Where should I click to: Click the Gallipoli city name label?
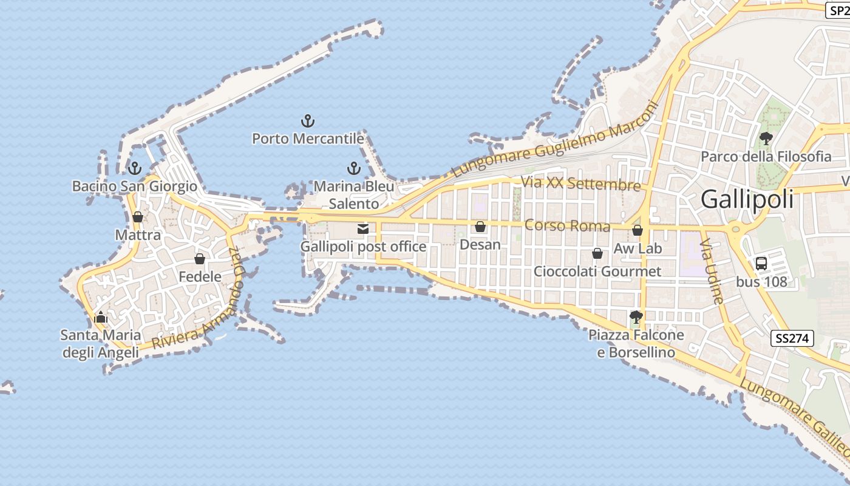coord(747,199)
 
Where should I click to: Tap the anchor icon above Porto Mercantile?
coord(308,121)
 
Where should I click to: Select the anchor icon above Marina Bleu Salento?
coord(354,168)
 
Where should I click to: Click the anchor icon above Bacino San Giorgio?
coord(135,168)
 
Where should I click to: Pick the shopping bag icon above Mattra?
coord(138,217)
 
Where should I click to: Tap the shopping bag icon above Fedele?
coord(200,259)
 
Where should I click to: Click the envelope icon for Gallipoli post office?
coord(363,229)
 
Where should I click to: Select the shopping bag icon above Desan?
coord(480,227)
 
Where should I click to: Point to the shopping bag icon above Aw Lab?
coord(637,230)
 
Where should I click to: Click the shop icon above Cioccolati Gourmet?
coord(597,253)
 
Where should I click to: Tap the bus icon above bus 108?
coord(761,264)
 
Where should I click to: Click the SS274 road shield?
coord(792,338)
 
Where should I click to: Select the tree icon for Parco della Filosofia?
coord(766,139)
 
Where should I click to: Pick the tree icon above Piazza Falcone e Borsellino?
coord(636,317)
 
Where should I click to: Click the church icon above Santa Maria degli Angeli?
coord(101,317)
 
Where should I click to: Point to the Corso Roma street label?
coord(567,225)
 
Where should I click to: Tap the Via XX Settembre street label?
coord(581,183)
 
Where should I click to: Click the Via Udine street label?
coord(712,271)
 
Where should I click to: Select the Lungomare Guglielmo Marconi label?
coord(556,140)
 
